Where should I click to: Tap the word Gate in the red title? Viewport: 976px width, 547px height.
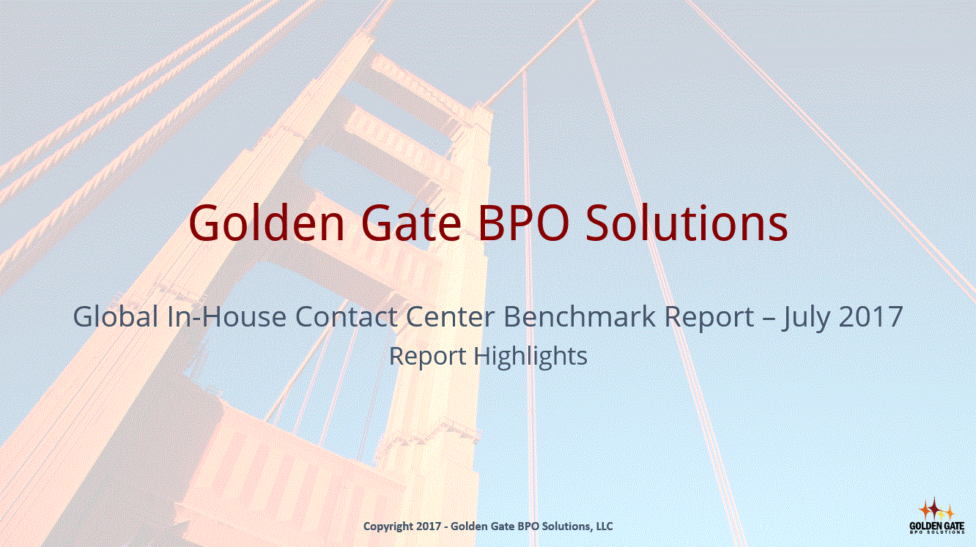click(411, 223)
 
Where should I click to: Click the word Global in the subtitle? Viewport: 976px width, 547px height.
click(116, 316)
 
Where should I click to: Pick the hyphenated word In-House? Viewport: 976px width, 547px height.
click(226, 316)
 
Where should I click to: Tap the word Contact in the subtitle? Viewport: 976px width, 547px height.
click(347, 316)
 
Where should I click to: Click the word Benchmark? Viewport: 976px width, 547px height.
click(580, 316)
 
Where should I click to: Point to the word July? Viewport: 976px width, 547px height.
click(805, 318)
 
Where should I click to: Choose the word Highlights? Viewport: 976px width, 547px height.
click(530, 357)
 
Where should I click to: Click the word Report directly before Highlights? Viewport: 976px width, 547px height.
click(427, 357)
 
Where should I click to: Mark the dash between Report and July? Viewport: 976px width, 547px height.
click(767, 319)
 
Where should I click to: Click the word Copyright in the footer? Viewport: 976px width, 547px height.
click(388, 526)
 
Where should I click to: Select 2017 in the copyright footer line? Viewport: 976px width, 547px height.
click(429, 526)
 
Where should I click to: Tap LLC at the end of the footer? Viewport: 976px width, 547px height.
click(605, 526)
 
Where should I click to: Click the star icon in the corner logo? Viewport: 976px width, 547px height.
click(936, 509)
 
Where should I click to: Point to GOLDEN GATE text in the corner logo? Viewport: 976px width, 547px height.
click(936, 526)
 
